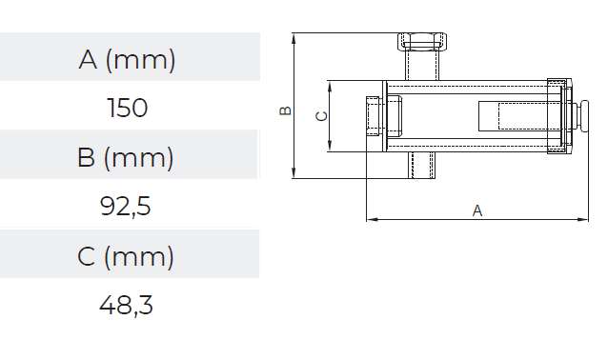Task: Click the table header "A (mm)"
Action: pyautogui.click(x=128, y=60)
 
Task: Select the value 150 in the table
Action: pyautogui.click(x=128, y=108)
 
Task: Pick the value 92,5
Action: pyautogui.click(x=126, y=207)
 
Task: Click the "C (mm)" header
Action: pyautogui.click(x=126, y=256)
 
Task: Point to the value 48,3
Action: pyautogui.click(x=126, y=306)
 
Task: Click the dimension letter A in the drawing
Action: pyautogui.click(x=477, y=211)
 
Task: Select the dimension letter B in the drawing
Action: pyautogui.click(x=285, y=110)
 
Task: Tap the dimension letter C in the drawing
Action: pyautogui.click(x=321, y=115)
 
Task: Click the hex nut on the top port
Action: pyautogui.click(x=420, y=42)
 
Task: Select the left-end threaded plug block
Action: pyautogui.click(x=375, y=116)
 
